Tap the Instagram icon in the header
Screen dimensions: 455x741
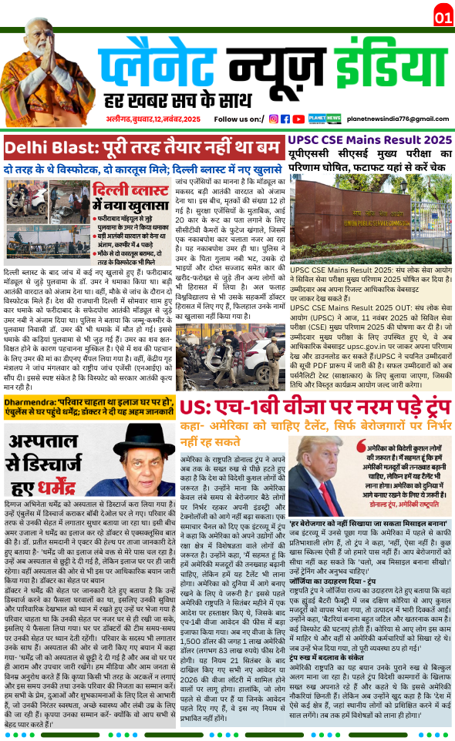274,119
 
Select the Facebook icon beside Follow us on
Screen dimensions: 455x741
285,119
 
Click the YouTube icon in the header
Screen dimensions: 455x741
298,119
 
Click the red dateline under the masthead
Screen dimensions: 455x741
153,119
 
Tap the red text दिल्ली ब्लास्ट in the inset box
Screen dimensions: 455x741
126,190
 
